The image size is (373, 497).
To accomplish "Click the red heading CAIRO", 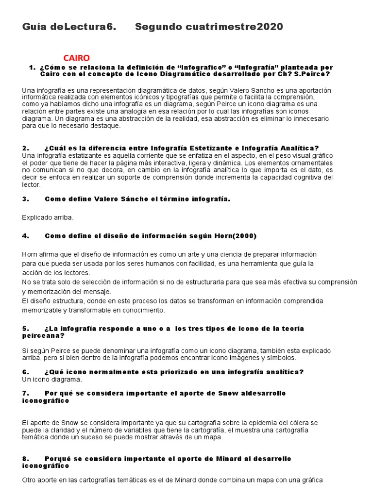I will tap(76, 58).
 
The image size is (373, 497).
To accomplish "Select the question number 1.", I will tap(32, 67).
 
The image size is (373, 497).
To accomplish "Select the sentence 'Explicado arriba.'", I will tap(48, 217).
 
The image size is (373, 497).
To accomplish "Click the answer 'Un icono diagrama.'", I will tap(52, 379).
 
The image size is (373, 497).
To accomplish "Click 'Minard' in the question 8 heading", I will tap(215, 459).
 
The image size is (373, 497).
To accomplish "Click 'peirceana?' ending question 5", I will tap(43, 335).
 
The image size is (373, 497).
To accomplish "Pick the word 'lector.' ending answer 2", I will tap(32, 184).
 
